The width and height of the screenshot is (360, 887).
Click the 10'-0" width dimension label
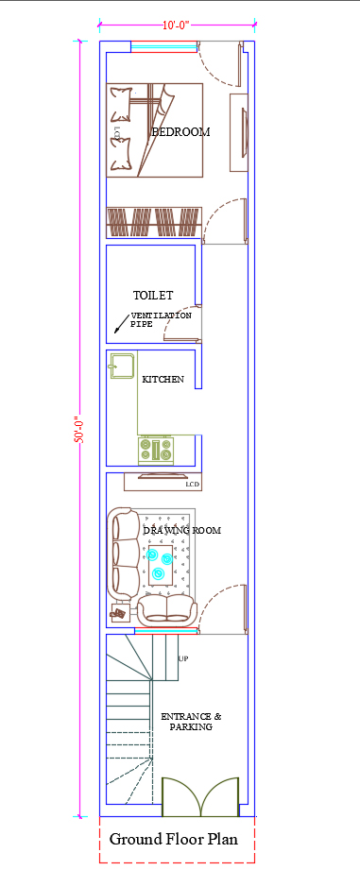pos(176,26)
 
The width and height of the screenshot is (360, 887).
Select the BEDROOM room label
pos(180,132)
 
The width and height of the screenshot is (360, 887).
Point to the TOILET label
pos(153,296)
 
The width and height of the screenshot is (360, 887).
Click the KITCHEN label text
pos(163,379)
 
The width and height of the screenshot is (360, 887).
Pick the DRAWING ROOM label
pos(181,531)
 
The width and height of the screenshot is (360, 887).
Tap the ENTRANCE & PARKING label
pos(191,722)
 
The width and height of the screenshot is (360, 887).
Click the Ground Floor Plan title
pos(174,839)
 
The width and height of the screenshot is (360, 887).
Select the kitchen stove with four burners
pos(156,450)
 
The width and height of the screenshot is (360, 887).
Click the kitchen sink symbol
pos(122,366)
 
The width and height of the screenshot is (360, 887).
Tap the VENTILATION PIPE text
pos(162,319)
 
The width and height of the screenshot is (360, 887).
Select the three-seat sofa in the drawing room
pos(124,554)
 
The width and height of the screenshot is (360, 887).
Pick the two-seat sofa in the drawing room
pos(167,611)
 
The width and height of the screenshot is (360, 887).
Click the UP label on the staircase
pos(183,658)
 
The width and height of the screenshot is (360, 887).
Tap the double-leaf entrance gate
pos(200,797)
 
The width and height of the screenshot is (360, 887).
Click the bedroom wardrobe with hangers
pos(155,222)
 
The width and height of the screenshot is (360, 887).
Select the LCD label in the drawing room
pos(193,485)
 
